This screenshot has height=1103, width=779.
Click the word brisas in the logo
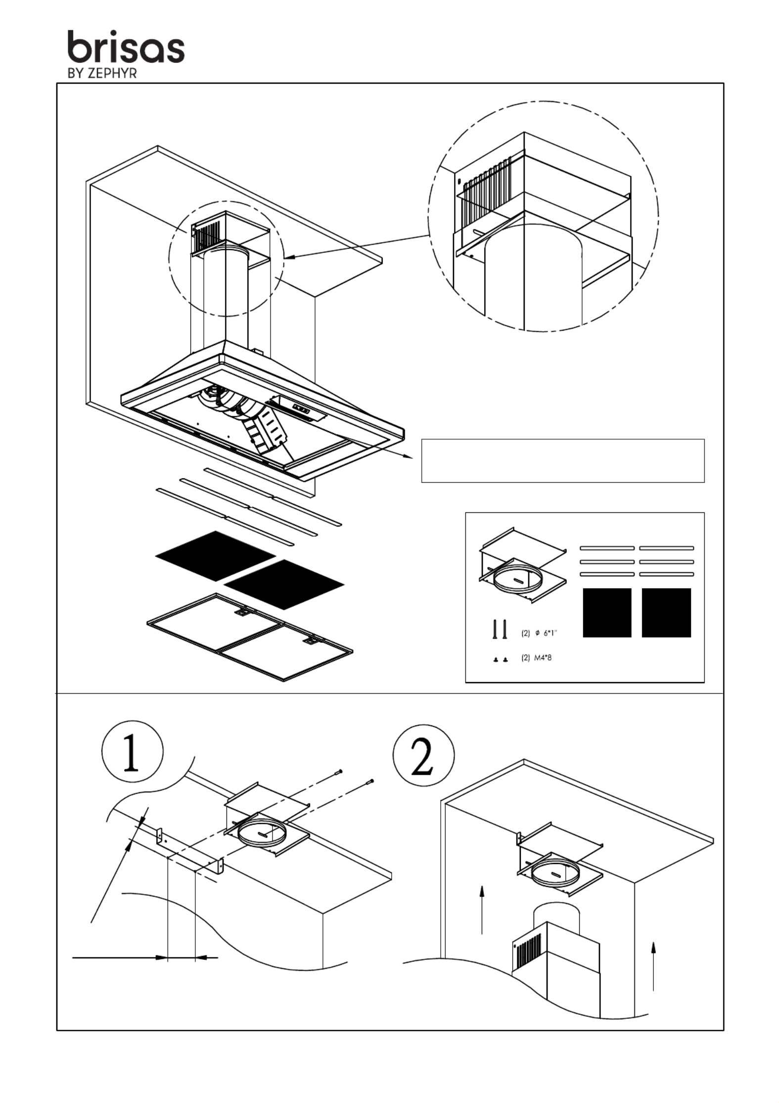(126, 48)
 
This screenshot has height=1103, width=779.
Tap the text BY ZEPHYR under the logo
(101, 73)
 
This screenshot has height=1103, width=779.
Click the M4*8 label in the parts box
(536, 658)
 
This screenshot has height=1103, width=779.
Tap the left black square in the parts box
(607, 612)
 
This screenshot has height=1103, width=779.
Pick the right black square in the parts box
(666, 612)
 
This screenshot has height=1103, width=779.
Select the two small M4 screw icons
(500, 659)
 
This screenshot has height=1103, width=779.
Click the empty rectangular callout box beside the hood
(562, 460)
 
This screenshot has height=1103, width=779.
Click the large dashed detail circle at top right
(543, 216)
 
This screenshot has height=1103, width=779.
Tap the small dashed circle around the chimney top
(227, 258)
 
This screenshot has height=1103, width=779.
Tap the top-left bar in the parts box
(607, 548)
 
